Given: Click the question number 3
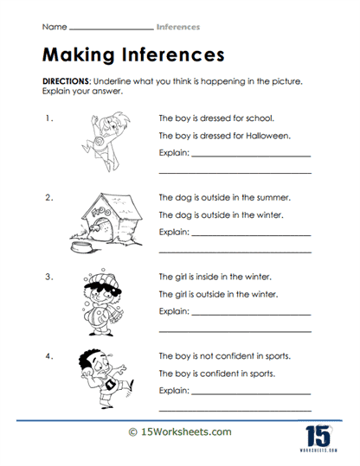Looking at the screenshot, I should (48, 278).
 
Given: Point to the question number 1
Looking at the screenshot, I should (48, 117).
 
